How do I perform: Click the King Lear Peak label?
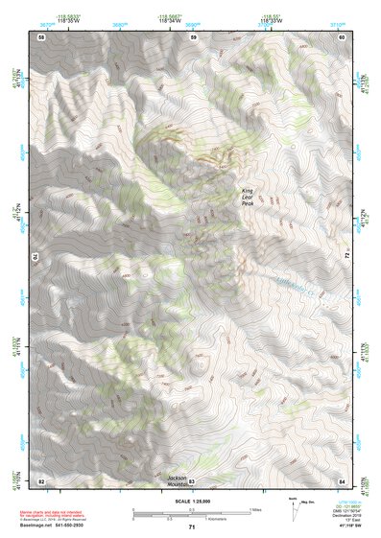pos(247,196)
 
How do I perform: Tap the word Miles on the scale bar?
pos(255,508)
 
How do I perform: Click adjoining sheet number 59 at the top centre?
pos(192,36)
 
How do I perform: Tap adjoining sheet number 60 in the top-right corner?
pos(341,36)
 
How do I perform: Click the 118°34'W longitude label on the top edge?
pos(193,20)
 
